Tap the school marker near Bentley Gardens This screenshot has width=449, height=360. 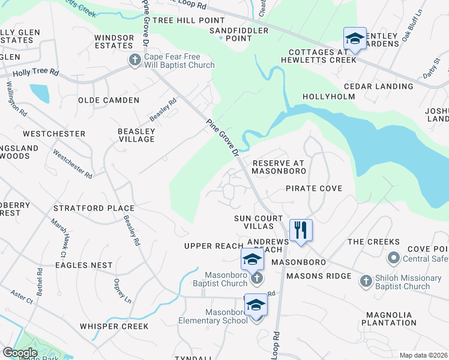click(x=355, y=39)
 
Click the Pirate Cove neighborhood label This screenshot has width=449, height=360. click(x=313, y=188)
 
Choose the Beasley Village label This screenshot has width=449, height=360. click(x=136, y=135)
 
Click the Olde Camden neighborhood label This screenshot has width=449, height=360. click(x=109, y=100)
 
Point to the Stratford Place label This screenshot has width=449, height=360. click(x=94, y=208)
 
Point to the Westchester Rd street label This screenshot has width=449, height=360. click(x=72, y=164)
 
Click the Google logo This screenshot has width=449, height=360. click(x=20, y=353)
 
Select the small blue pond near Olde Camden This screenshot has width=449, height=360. click(x=39, y=93)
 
